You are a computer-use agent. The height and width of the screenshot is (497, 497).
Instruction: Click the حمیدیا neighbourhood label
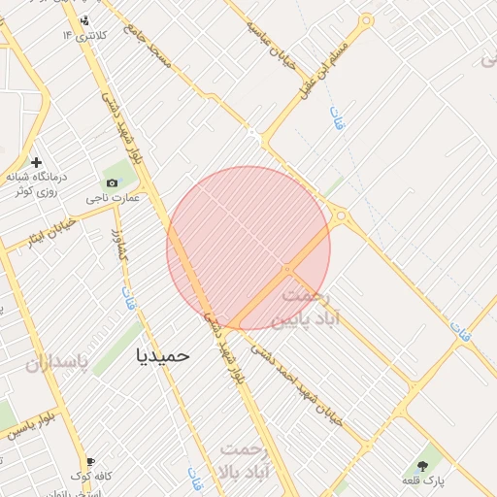point(164,356)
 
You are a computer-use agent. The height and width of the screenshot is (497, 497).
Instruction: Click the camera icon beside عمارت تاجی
point(112,183)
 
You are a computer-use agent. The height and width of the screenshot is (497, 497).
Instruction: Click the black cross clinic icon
point(37,162)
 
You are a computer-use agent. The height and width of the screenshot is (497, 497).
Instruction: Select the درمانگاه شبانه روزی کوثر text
point(36,184)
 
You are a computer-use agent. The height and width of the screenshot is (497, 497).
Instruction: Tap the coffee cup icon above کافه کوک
point(90,462)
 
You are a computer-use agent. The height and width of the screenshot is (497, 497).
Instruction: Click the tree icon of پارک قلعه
point(422,467)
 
